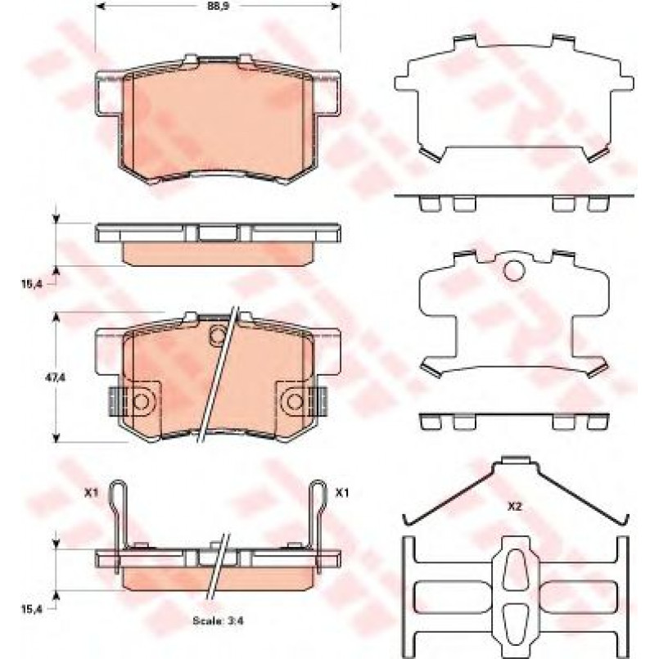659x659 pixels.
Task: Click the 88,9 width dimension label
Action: pos(217,6)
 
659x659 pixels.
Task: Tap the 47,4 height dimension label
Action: pos(56,377)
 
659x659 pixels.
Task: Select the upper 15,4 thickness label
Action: pos(32,284)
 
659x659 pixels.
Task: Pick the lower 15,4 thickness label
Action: pos(32,609)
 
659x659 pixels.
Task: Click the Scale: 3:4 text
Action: pos(218,621)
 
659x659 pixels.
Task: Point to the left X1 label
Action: pos(91,493)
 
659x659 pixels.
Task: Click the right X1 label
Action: pos(341,493)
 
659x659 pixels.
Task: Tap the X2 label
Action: pos(514,507)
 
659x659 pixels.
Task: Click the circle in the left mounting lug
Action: pos(141,402)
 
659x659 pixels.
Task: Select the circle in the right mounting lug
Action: pos(295,402)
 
